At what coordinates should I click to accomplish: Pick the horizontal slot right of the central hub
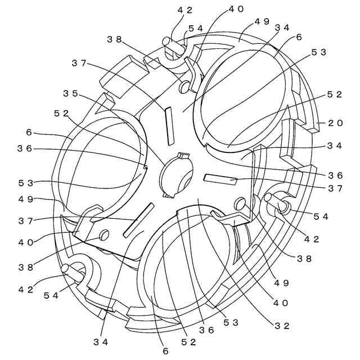[220, 179]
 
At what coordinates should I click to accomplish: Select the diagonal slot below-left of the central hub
[137, 220]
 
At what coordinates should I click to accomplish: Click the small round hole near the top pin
[184, 87]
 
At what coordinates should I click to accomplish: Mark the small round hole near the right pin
[240, 202]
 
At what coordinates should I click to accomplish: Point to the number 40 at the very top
[236, 10]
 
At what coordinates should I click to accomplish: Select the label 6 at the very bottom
[165, 350]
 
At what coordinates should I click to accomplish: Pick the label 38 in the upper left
[115, 39]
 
